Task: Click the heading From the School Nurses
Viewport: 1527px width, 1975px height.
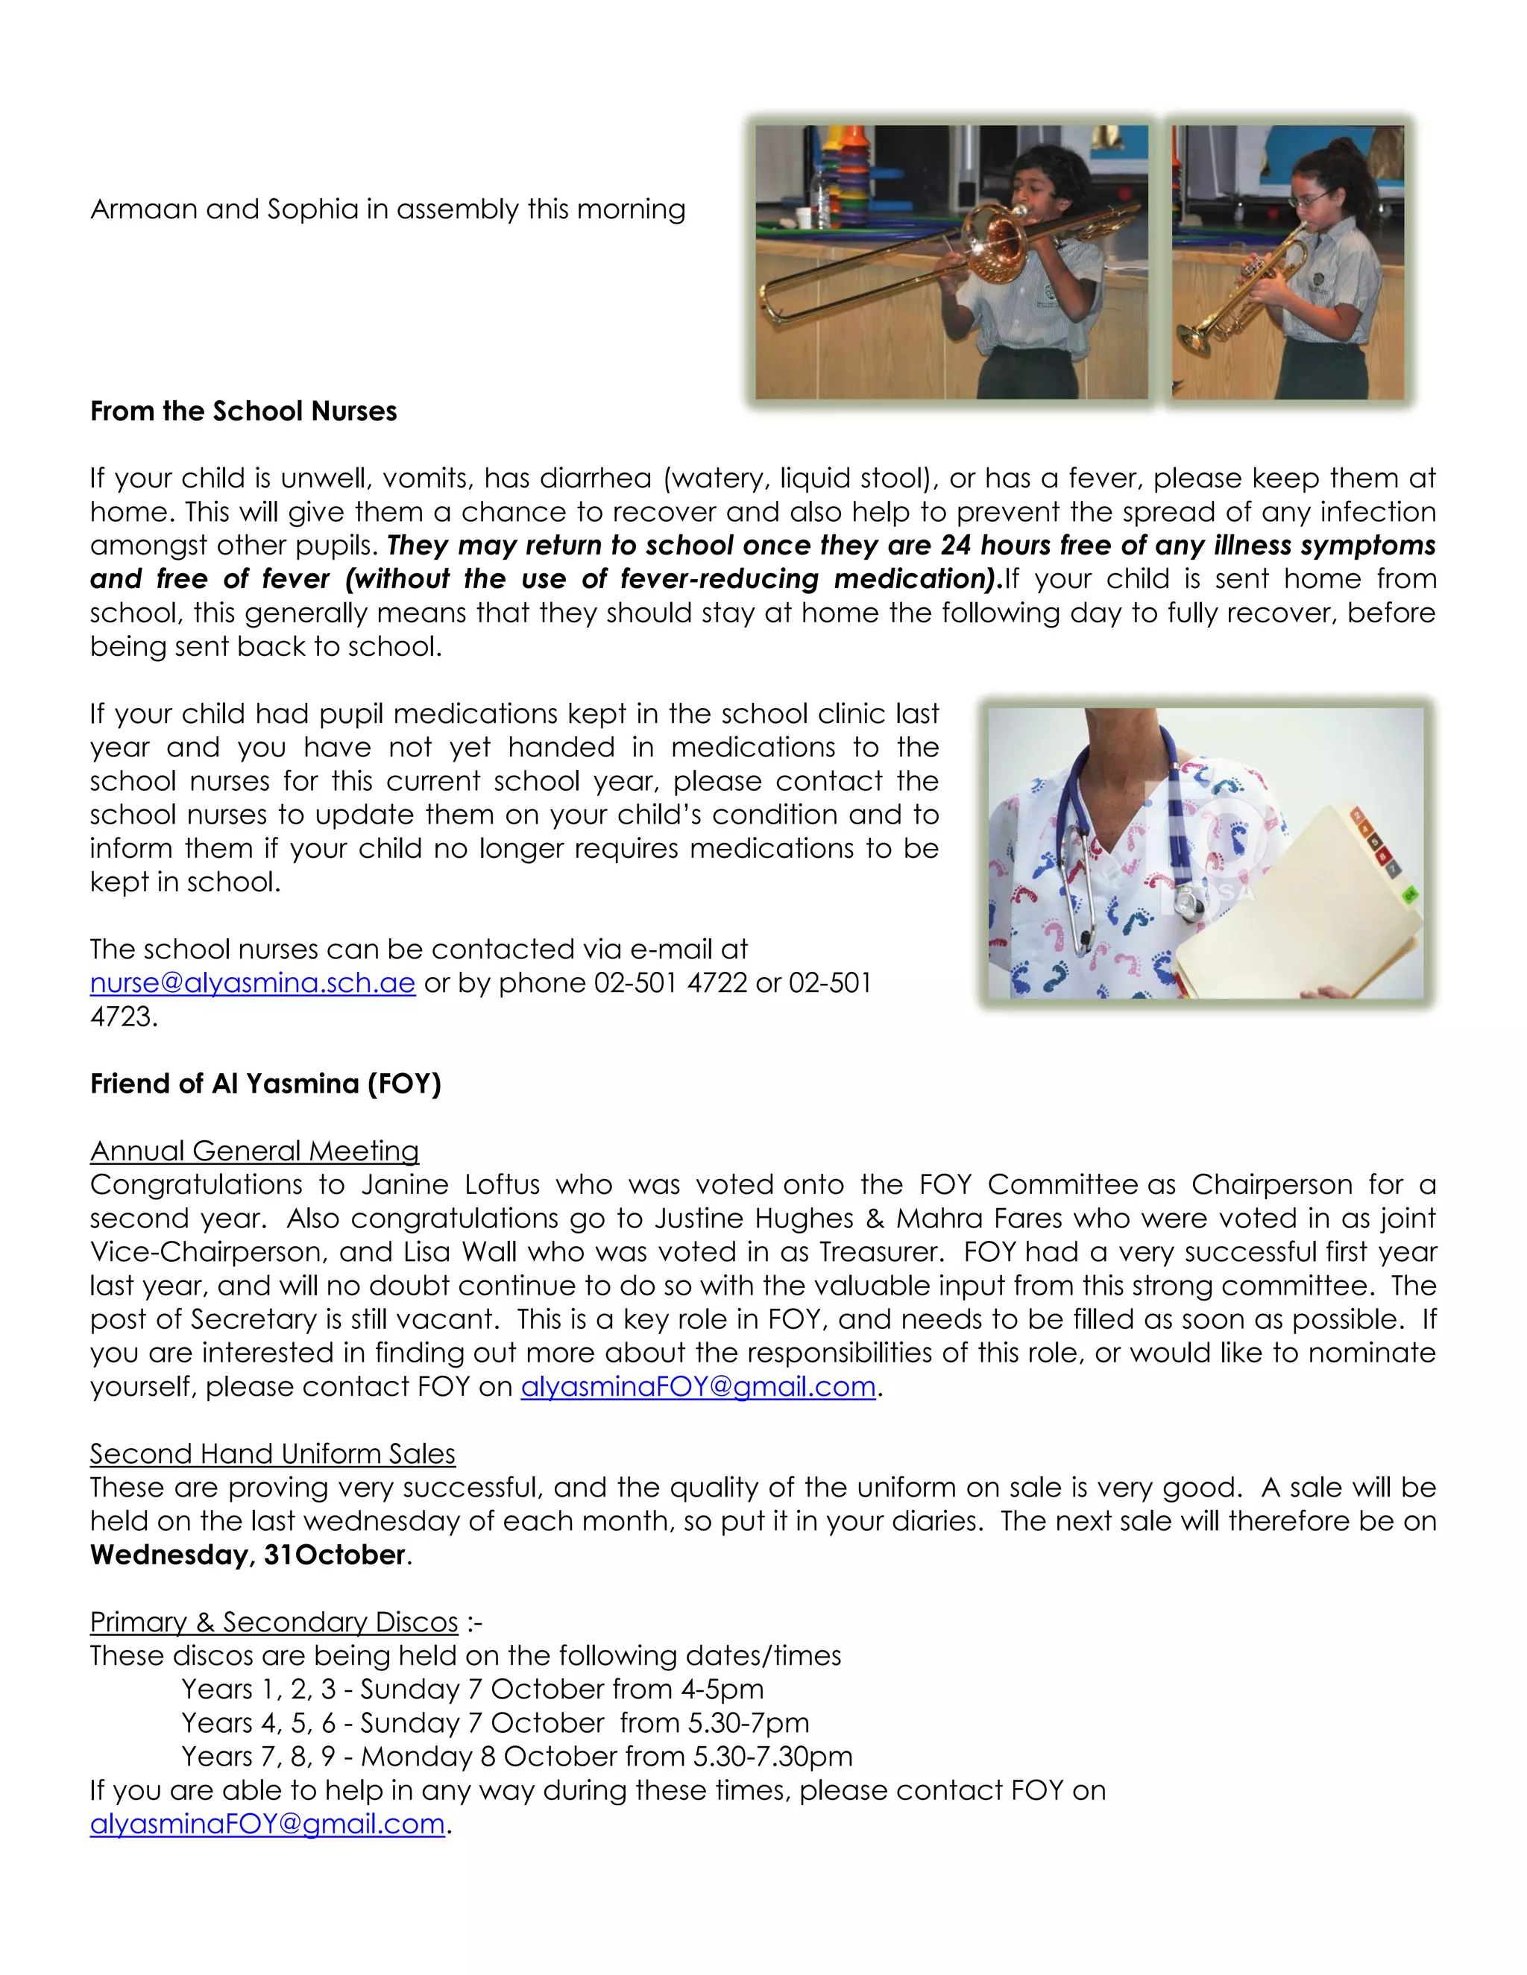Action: [x=243, y=411]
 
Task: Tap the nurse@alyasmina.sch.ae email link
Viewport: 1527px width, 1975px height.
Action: [x=253, y=983]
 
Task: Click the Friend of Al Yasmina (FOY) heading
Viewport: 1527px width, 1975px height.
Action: [x=265, y=1084]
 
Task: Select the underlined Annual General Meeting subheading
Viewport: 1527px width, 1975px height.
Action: [x=254, y=1151]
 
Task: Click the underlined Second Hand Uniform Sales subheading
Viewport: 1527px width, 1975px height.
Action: [x=272, y=1454]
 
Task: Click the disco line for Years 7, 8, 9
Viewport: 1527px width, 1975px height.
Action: [x=517, y=1757]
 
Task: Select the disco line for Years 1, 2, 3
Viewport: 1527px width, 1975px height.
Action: [x=472, y=1690]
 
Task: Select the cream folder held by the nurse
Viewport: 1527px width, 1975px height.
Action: [x=1303, y=914]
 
